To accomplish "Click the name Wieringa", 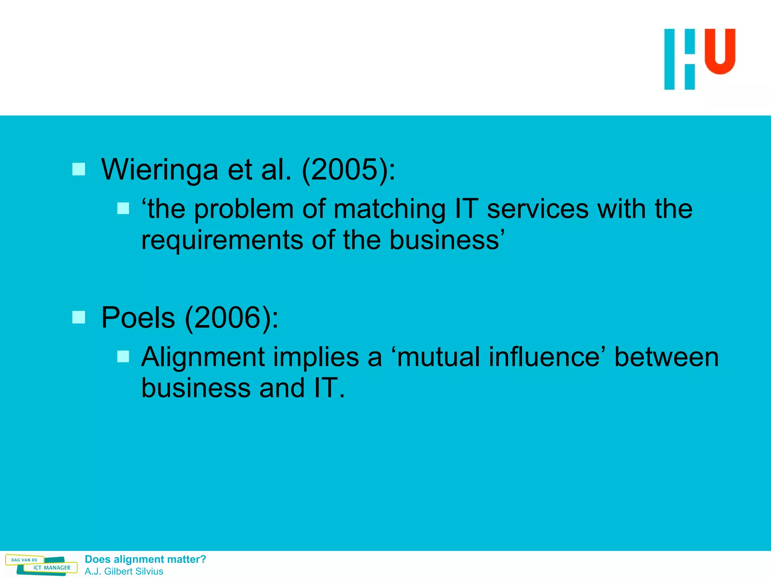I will pos(160,170).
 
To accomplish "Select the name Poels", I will pos(138,318).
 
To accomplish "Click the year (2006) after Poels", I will pos(231,318).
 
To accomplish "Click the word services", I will pos(537,209).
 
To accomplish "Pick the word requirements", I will pos(222,240).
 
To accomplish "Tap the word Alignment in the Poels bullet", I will pos(203,357).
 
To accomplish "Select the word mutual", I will pos(438,357).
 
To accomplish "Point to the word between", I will pos(666,357).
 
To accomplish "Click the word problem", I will pos(244,209).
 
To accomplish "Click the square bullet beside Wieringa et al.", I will pos(79,169).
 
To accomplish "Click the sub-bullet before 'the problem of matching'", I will pos(123,208).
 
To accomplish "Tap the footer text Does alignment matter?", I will pos(145,559).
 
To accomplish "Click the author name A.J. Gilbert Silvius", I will pos(124,571).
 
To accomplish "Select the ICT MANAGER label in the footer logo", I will pos(52,568).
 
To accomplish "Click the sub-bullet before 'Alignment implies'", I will pos(123,356).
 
